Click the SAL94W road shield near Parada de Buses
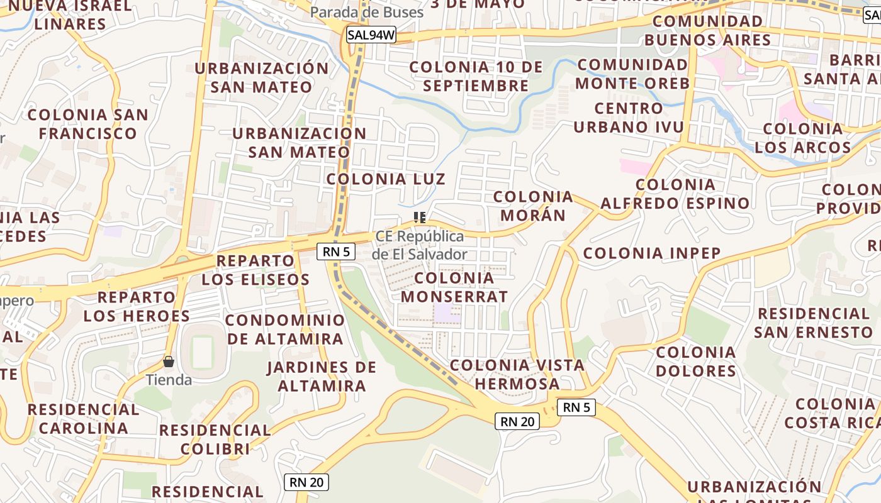371,35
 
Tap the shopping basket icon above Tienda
169,362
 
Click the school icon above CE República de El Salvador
420,218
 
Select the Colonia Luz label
386,179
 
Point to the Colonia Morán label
533,206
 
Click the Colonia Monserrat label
454,287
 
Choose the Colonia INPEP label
652,253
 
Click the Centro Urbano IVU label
628,118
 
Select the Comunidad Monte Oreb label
632,74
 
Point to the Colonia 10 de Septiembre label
476,76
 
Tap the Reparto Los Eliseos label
255,270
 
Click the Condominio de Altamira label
285,329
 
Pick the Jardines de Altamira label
321,376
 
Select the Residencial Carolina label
83,419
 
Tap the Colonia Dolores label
695,362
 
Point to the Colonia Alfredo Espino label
675,194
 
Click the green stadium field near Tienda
203,352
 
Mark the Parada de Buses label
367,12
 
